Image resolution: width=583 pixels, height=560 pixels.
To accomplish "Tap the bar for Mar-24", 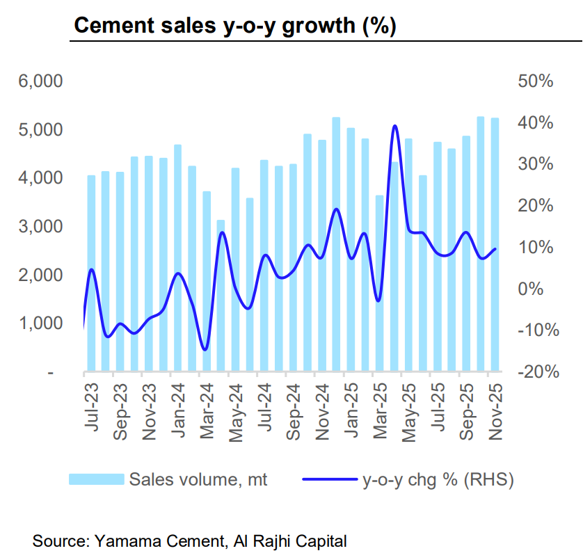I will pyautogui.click(x=207, y=282).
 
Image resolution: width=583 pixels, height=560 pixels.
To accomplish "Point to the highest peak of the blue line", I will pyautogui.click(x=395, y=126).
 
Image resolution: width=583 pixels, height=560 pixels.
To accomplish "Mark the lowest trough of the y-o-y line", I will pyautogui.click(x=205, y=349).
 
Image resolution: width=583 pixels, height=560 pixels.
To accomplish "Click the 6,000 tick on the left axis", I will pyautogui.click(x=42, y=81).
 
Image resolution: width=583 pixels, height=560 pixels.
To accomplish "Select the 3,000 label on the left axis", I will pyautogui.click(x=42, y=227).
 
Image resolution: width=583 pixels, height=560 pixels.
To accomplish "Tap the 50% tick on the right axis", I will pyautogui.click(x=536, y=81).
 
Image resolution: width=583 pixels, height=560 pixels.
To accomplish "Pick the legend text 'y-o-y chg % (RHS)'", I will pyautogui.click(x=438, y=479).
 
